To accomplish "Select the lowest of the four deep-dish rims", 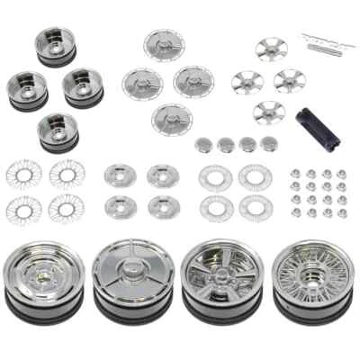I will point(58,131).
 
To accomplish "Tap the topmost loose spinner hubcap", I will point(164,46).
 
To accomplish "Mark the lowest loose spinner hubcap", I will point(172,118).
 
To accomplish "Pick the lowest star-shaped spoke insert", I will point(267,112).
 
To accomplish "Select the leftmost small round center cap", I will point(202,144).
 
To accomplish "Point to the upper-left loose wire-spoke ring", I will point(23,173).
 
